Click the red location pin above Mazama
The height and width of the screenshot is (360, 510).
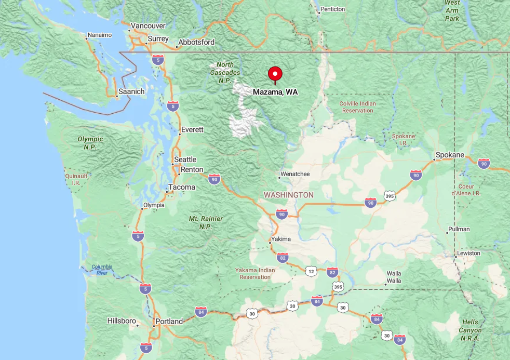[275, 74]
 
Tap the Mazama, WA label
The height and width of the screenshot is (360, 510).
[275, 92]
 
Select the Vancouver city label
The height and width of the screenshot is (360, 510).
[148, 25]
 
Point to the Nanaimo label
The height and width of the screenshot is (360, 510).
[100, 35]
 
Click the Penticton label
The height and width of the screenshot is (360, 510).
[333, 9]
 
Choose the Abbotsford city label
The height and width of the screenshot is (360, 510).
[196, 42]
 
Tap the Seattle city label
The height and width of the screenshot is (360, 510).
[185, 159]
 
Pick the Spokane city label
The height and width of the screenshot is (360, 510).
[450, 155]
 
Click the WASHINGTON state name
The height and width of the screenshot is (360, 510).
[289, 195]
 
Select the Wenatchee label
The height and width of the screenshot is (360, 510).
[295, 174]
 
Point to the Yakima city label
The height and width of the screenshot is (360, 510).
[280, 239]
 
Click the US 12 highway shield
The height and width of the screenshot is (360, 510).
[311, 271]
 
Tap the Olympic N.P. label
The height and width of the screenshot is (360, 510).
[90, 143]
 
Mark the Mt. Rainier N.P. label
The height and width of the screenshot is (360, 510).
[207, 222]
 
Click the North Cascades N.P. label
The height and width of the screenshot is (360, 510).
[225, 72]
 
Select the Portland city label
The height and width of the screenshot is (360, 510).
[169, 321]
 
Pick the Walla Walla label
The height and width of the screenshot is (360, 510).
[394, 277]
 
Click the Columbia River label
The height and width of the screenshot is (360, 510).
[102, 270]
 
